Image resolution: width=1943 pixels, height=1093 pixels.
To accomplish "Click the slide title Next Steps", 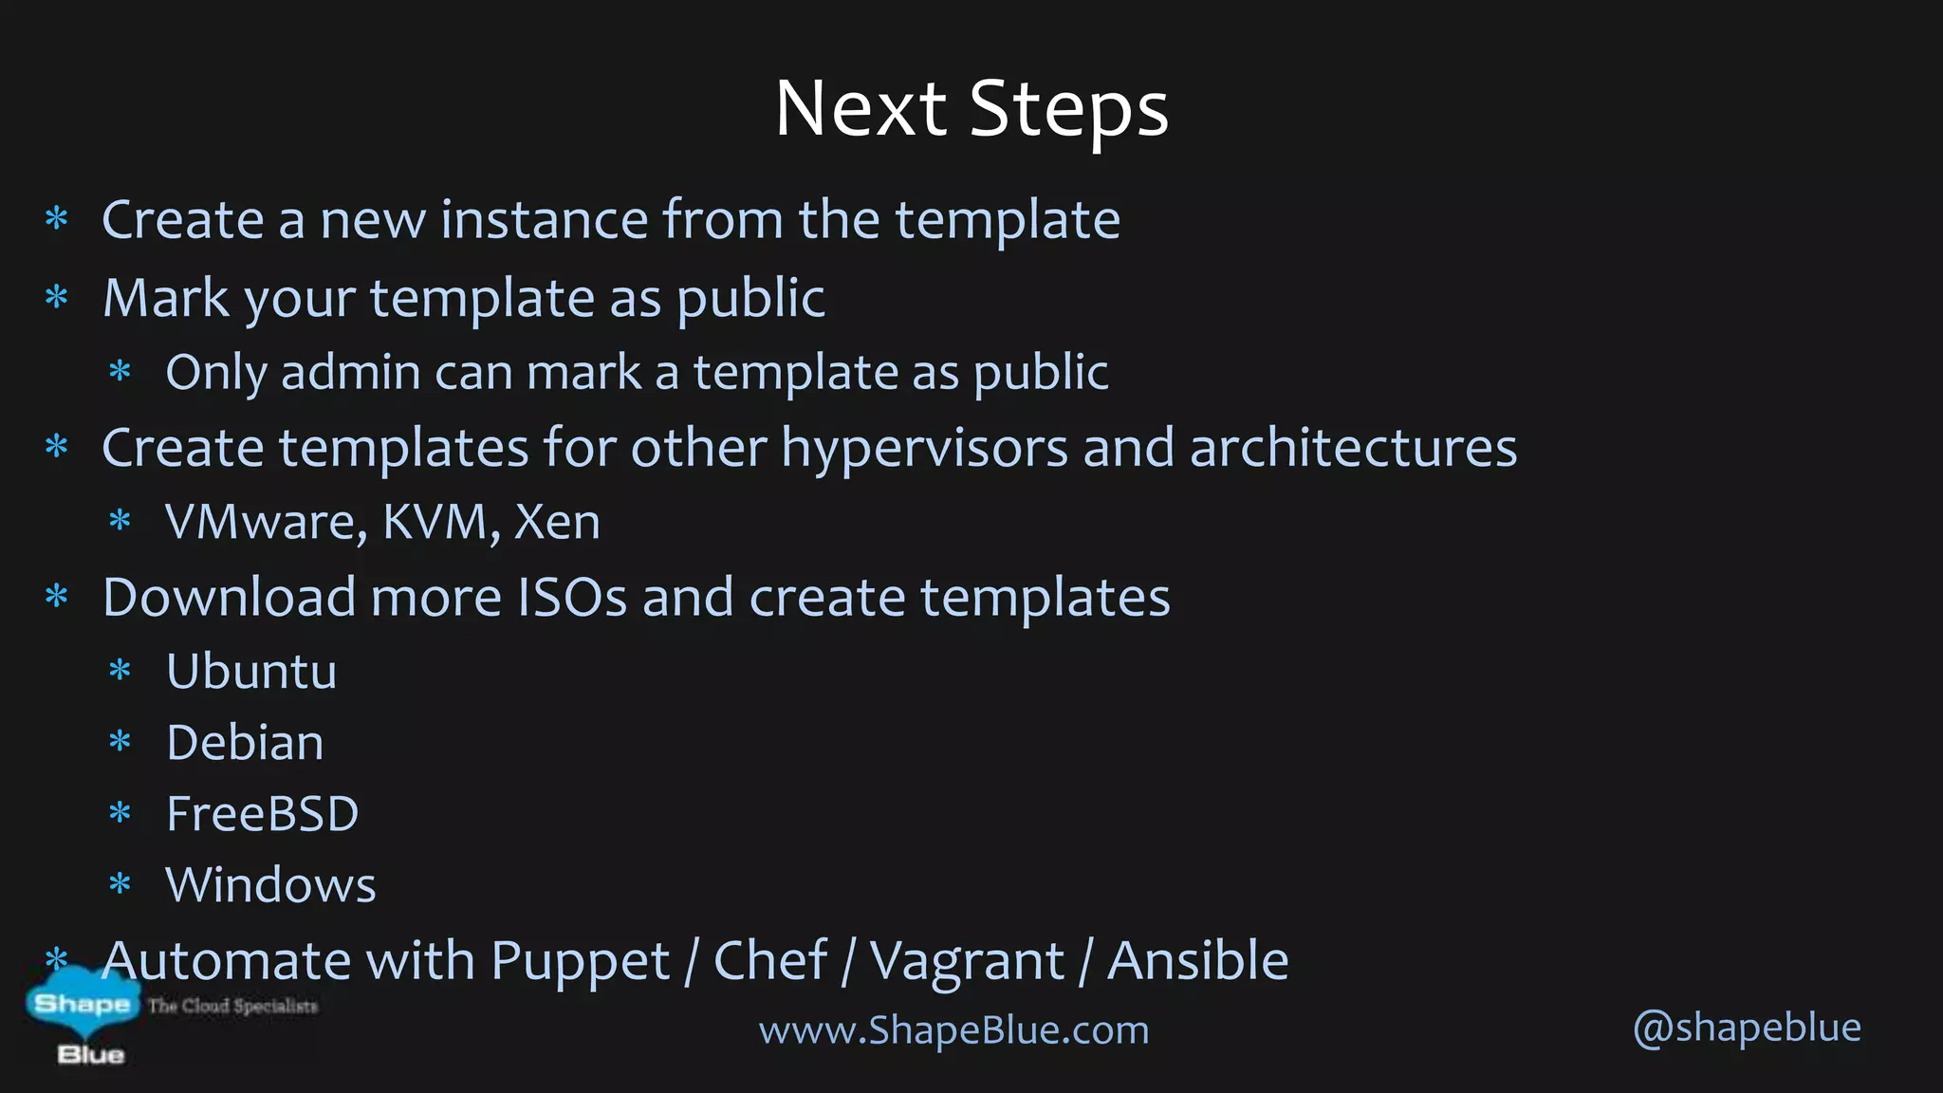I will click(x=971, y=109).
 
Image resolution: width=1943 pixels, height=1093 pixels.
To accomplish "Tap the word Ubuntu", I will click(x=251, y=672).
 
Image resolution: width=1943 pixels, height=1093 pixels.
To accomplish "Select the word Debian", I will click(x=245, y=743).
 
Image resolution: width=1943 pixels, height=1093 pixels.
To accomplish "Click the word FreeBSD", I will click(x=262, y=814).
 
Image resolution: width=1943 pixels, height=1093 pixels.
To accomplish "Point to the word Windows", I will click(x=270, y=885).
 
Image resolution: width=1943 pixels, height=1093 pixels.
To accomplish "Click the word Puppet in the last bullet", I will click(x=581, y=962).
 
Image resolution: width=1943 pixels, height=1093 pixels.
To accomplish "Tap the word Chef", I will click(x=769, y=960).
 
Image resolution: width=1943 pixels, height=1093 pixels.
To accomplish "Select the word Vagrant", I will click(x=967, y=962).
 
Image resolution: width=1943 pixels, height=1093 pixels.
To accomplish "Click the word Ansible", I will click(x=1198, y=960).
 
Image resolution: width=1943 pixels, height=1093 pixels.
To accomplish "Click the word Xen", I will click(x=557, y=523).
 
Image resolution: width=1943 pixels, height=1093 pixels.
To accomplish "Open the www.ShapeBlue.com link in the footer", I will click(x=953, y=1030).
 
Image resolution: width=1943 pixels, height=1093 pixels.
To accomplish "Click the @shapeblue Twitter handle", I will click(x=1747, y=1028).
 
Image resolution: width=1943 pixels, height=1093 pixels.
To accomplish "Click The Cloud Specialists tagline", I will click(x=232, y=1006).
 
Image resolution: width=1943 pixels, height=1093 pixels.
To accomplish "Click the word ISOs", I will click(x=572, y=598).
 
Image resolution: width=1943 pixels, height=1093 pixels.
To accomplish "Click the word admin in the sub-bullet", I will click(x=350, y=372).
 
